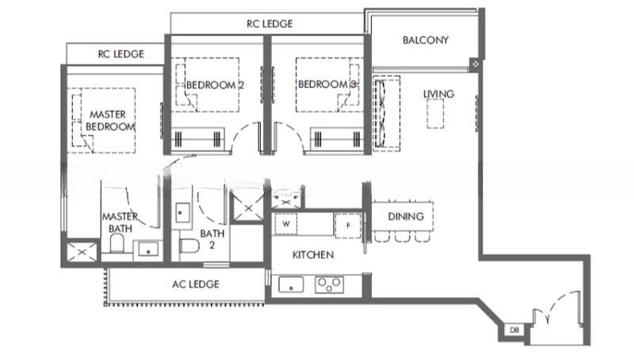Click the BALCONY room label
tap(426, 40)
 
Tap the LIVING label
tap(438, 94)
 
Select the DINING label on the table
tap(406, 216)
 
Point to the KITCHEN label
tap(313, 255)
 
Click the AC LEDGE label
tap(196, 285)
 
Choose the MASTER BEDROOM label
tap(109, 121)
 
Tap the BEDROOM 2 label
tap(215, 85)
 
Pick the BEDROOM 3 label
tap(327, 84)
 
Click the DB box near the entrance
tap(514, 330)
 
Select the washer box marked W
tap(286, 224)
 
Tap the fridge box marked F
tap(348, 225)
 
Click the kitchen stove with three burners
tap(329, 285)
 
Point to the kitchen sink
tap(291, 285)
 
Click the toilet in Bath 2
tap(189, 246)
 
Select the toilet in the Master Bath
tap(116, 243)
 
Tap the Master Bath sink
tap(148, 249)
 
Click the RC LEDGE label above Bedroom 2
tap(269, 24)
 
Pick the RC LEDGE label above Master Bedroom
tap(121, 54)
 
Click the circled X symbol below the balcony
tap(475, 64)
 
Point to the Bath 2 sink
tap(182, 213)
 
